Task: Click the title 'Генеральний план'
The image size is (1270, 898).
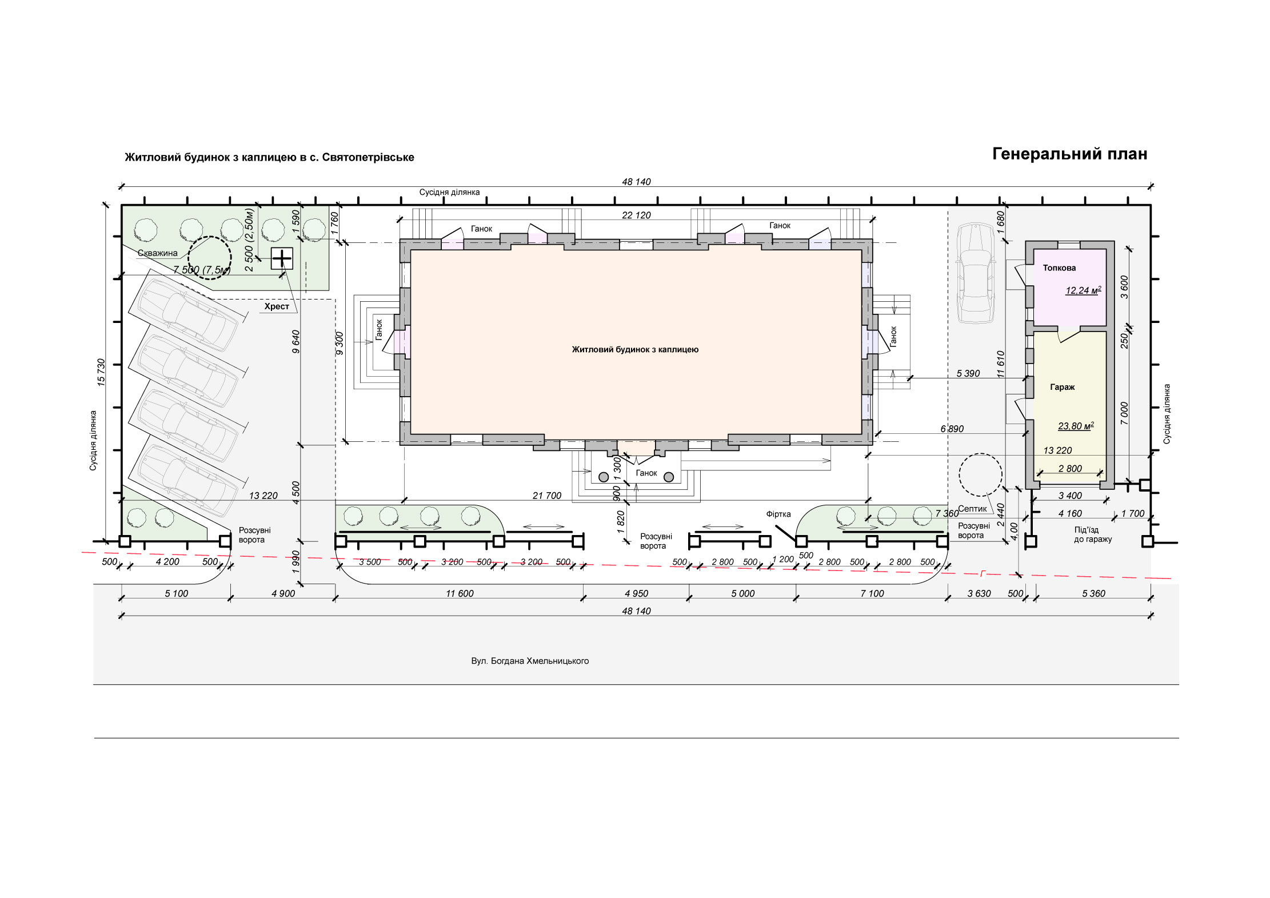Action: [1069, 154]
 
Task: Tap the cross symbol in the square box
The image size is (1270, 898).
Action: [281, 259]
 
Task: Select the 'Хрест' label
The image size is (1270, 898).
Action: [277, 306]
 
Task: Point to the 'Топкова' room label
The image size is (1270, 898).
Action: [1059, 268]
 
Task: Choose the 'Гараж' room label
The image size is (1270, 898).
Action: [1063, 387]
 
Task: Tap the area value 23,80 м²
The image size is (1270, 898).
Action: [1076, 426]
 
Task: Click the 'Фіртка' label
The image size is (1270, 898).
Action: [778, 514]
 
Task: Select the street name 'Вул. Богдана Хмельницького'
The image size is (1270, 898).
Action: [530, 661]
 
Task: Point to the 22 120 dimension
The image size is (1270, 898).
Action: [636, 215]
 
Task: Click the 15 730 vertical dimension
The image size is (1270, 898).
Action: [101, 373]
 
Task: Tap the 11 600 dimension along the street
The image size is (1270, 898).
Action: [460, 593]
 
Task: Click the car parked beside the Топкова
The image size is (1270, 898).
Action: [976, 273]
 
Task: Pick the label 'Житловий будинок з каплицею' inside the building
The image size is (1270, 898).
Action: [635, 349]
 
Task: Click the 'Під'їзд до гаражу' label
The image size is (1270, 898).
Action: [1093, 534]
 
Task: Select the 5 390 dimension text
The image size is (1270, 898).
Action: [968, 373]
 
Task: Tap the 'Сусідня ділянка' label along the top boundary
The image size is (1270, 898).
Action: [449, 192]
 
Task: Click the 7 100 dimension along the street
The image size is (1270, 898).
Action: [872, 593]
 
